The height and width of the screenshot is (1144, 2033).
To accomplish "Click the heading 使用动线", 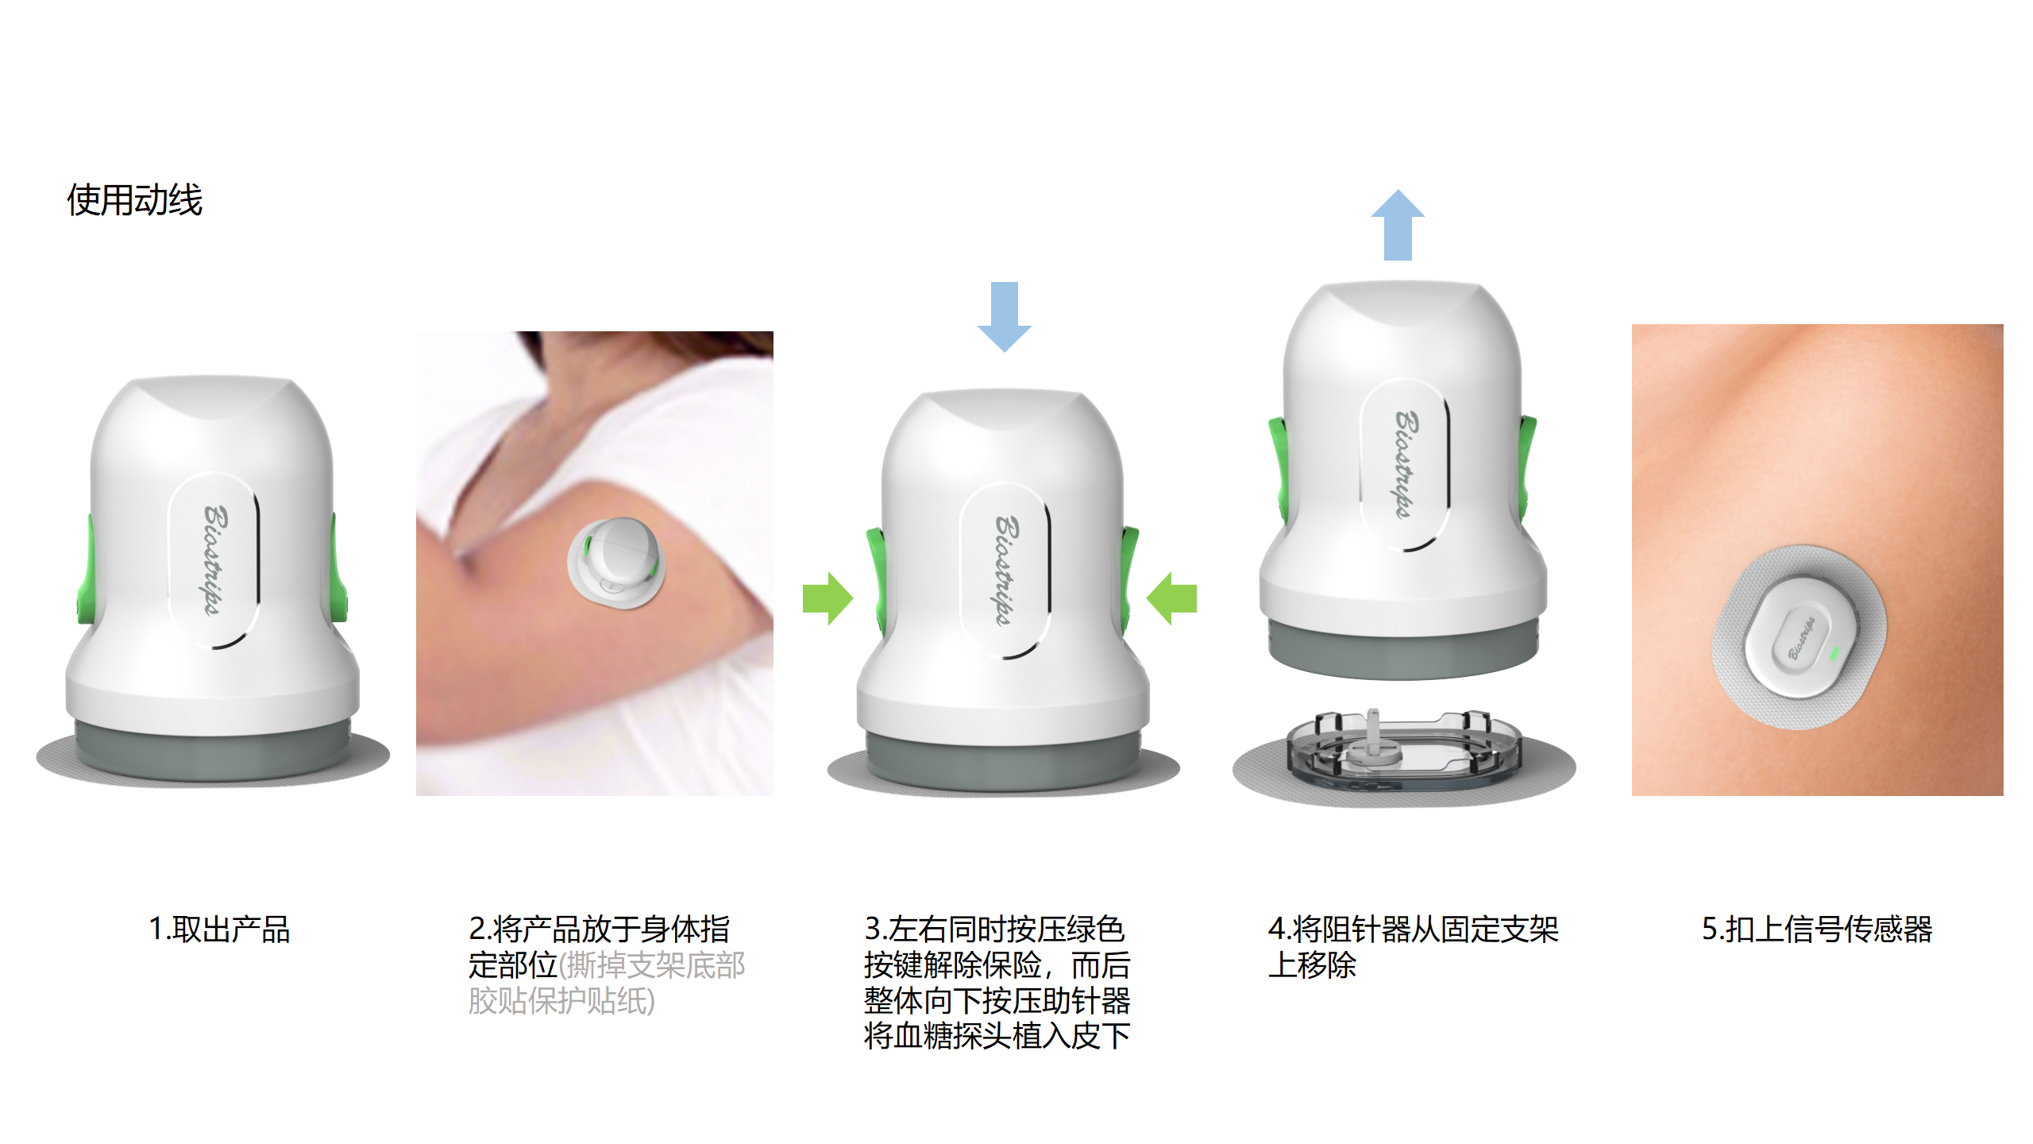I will [x=134, y=199].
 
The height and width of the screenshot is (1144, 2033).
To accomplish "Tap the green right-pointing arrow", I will [x=827, y=598].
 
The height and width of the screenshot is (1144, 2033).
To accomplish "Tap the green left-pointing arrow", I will [x=1172, y=598].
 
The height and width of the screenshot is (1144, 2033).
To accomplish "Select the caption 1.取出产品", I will [x=219, y=929].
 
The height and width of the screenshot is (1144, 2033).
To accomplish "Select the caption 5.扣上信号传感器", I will [x=1817, y=929].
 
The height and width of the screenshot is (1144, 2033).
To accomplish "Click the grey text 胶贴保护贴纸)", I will [x=561, y=1000].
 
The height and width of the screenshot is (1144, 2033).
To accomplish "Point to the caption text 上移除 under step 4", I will [x=1312, y=964].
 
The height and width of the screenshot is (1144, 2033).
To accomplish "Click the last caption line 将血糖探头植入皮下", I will [x=997, y=1035].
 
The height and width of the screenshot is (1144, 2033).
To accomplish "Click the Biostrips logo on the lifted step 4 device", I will [x=1404, y=465].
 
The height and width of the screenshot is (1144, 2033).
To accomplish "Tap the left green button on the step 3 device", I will [x=876, y=580].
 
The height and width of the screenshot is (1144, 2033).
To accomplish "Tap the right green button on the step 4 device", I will [x=1527, y=469].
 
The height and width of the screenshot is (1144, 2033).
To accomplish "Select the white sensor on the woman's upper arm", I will [x=616, y=562].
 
